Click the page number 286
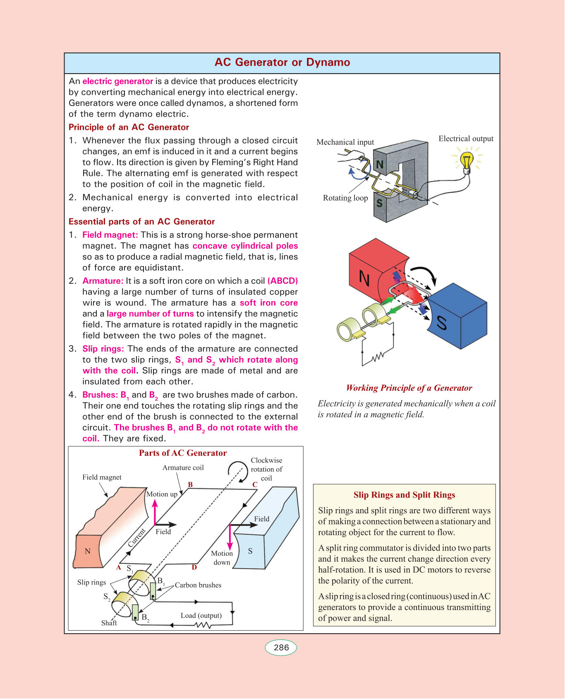point(281,647)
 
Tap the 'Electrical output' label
point(466,139)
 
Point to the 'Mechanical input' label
point(345,142)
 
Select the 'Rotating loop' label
point(345,198)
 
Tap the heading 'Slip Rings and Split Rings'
point(404,495)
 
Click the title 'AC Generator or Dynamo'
point(282,62)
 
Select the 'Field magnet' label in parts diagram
point(102,477)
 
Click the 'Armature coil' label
point(183,467)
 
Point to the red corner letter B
point(190,484)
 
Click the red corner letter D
point(194,567)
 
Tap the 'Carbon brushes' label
point(198,585)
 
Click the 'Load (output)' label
point(201,615)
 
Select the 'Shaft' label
point(109,623)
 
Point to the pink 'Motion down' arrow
point(230,538)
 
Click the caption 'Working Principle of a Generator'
point(409,388)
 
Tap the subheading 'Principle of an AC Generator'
point(129,127)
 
